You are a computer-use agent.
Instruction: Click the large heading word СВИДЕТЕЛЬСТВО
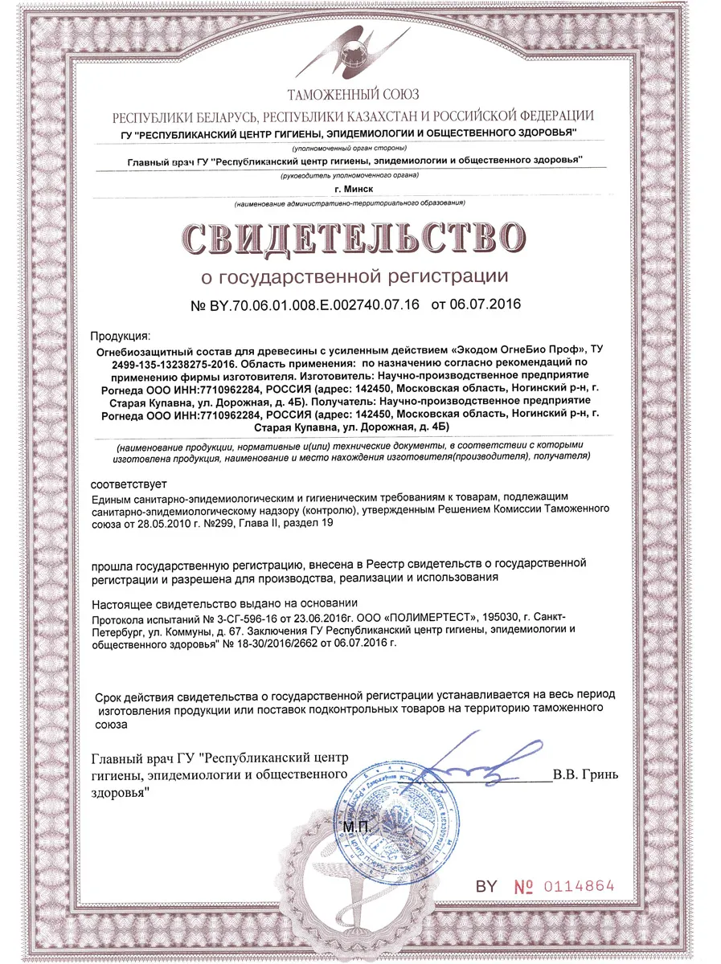(354, 235)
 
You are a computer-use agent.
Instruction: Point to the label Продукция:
(119, 335)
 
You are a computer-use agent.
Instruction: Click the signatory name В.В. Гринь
(586, 776)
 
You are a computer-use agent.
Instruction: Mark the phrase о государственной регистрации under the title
(354, 277)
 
